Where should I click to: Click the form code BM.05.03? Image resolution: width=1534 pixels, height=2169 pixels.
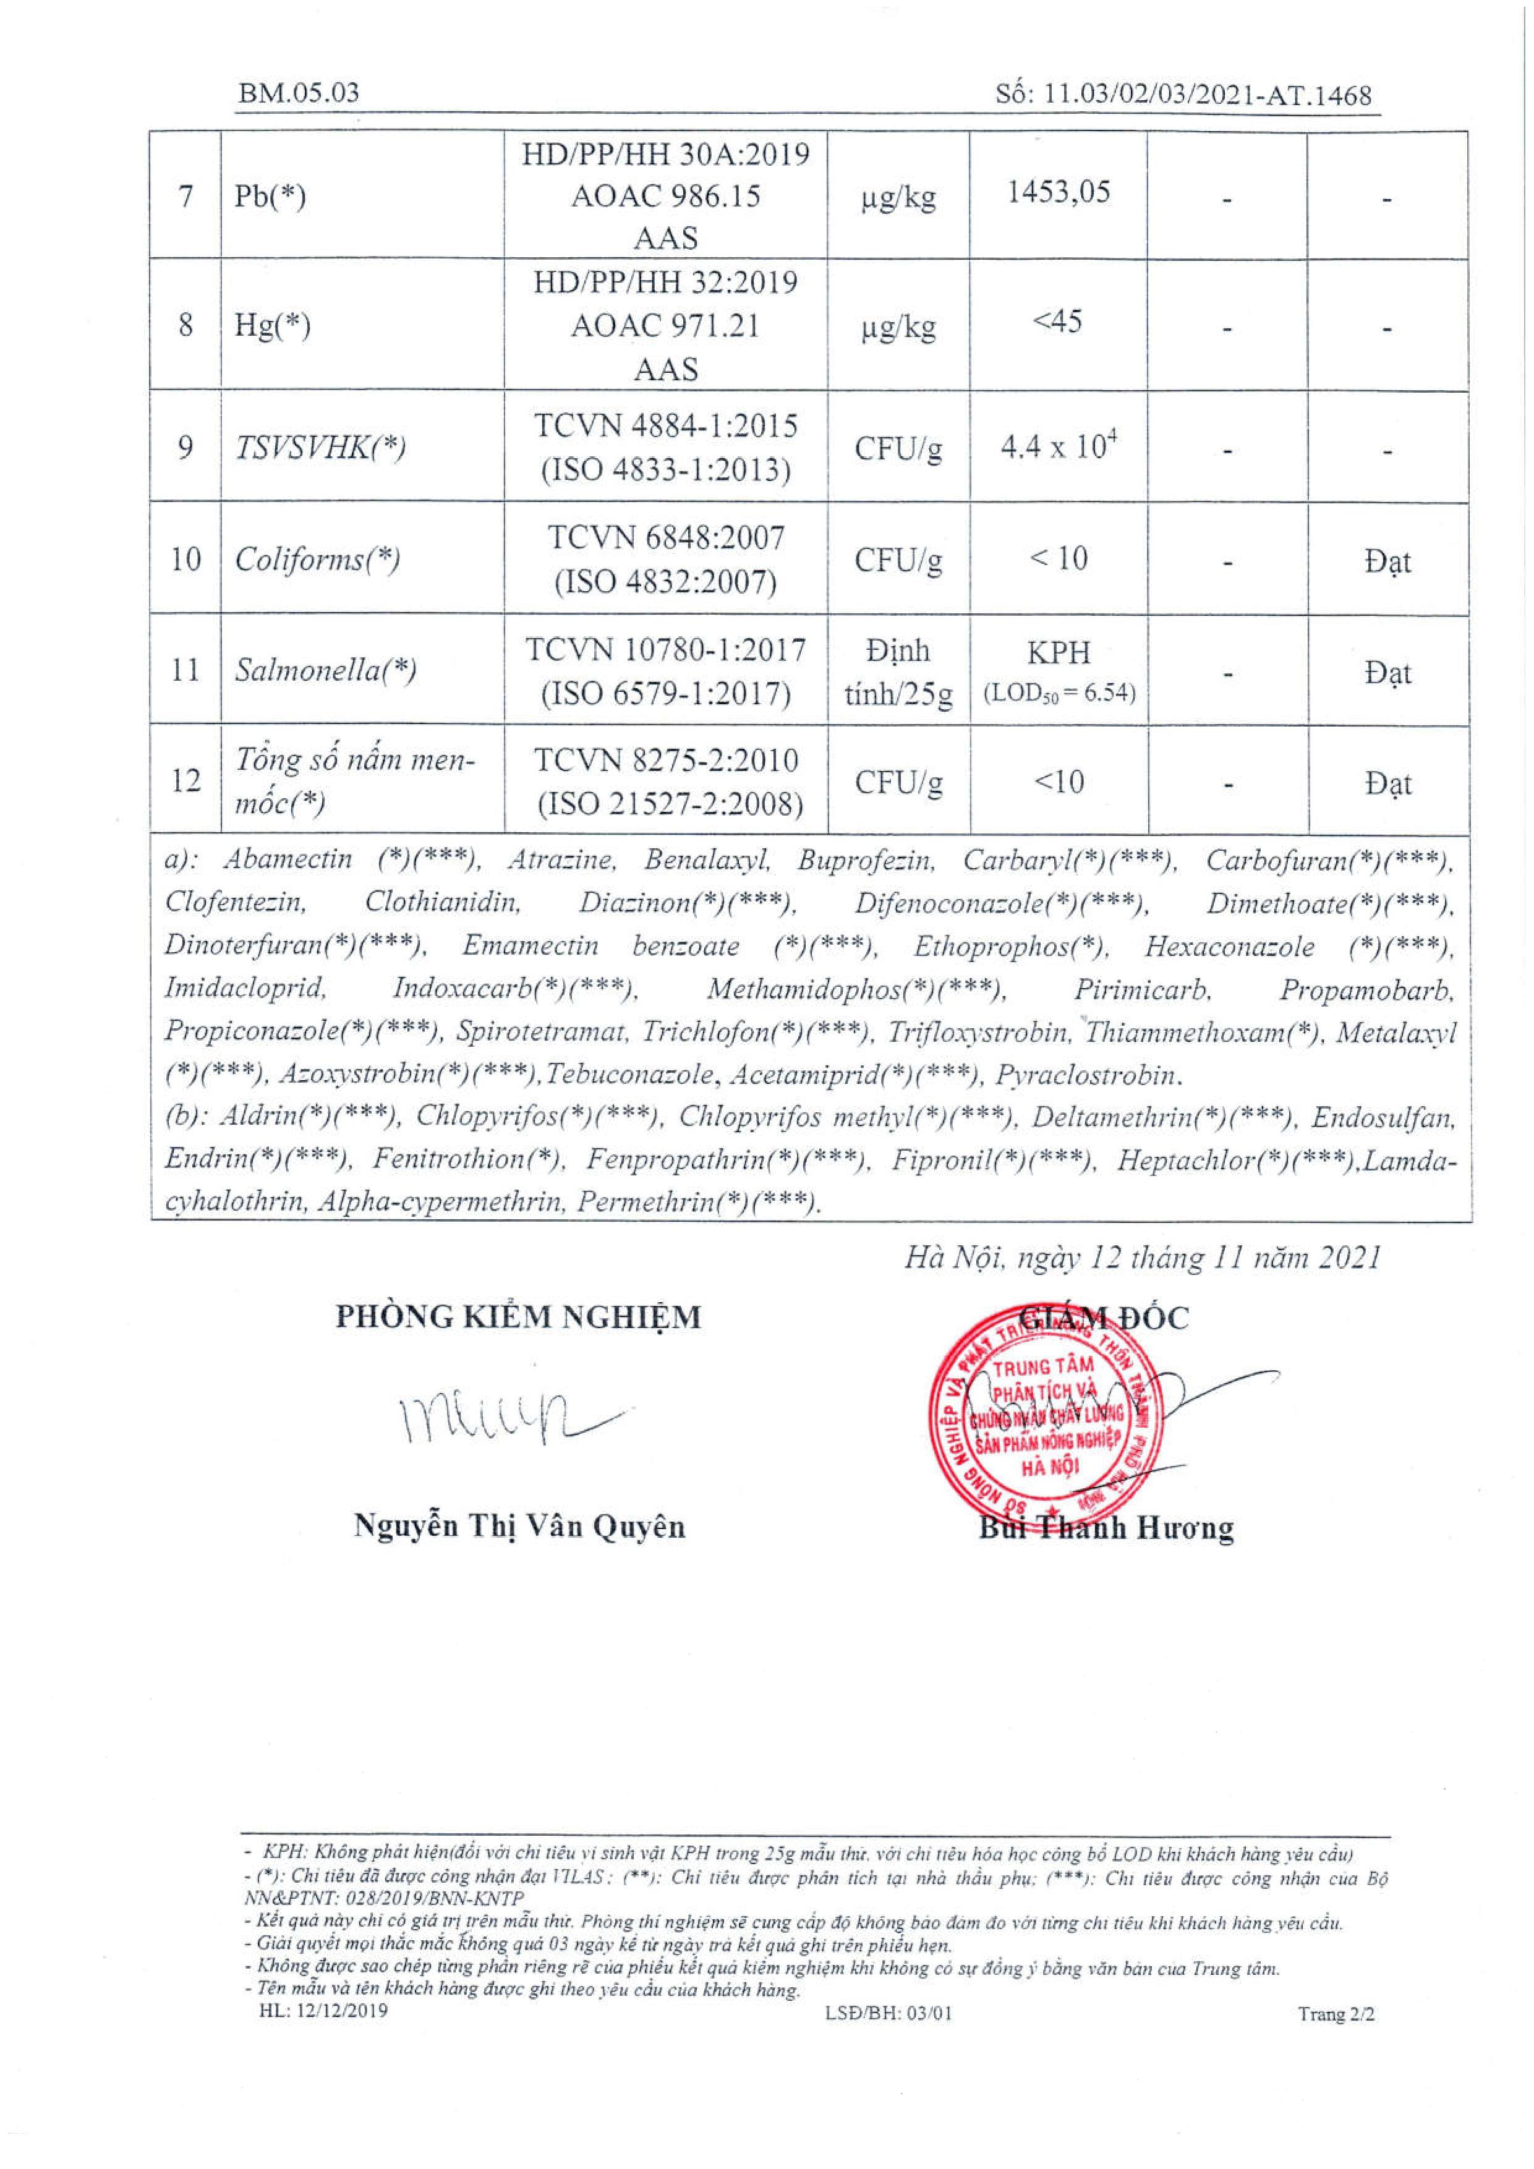[299, 93]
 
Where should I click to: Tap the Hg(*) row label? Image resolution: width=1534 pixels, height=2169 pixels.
[272, 326]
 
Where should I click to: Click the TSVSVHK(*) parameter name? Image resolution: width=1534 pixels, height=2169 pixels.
[320, 447]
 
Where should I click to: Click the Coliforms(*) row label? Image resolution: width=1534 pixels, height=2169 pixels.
[317, 560]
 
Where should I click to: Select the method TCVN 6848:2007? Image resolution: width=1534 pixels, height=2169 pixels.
[666, 539]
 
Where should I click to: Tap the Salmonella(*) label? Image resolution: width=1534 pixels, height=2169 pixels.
[326, 671]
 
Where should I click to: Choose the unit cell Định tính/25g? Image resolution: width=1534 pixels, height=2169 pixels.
[898, 671]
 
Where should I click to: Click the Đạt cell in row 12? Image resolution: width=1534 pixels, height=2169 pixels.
[1387, 783]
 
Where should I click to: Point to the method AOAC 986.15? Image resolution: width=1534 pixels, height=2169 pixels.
[666, 197]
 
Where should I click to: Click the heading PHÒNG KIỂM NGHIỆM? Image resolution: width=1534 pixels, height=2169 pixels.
[519, 1317]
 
